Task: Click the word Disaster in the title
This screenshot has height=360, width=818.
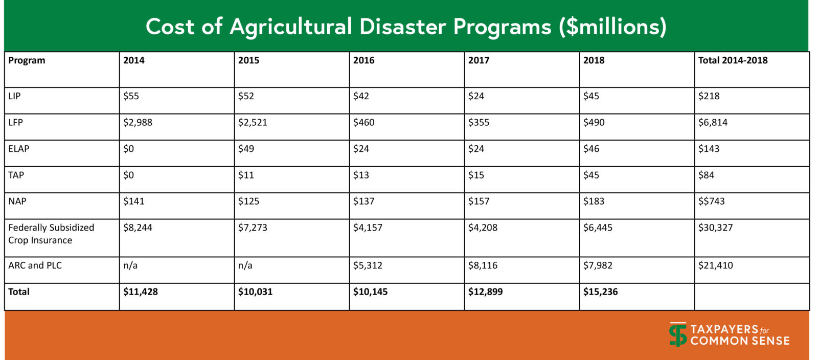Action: (402, 27)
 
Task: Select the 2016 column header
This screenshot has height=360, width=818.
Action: (363, 60)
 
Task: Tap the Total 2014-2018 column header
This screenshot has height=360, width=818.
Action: (733, 60)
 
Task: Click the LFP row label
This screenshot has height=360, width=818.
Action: (15, 123)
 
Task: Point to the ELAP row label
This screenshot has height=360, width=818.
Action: (18, 149)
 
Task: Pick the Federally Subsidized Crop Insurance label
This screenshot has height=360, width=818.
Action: (51, 234)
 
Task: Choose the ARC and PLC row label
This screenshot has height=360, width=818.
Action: (35, 265)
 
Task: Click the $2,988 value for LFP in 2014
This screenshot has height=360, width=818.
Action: (138, 123)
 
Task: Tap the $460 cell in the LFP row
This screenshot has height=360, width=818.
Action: (363, 123)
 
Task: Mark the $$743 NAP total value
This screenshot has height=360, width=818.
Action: (711, 201)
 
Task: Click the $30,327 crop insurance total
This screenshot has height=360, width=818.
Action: (715, 228)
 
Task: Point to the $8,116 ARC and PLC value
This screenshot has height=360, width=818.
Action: (483, 265)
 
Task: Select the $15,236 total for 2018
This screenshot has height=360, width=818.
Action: (600, 292)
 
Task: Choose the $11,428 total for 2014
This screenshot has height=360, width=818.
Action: (140, 292)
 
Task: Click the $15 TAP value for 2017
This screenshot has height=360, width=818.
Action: (476, 175)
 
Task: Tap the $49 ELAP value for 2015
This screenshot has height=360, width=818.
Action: (246, 149)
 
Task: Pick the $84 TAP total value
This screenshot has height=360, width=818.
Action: (706, 175)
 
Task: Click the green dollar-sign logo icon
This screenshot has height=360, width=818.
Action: (678, 334)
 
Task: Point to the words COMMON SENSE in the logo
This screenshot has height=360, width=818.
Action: (740, 341)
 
